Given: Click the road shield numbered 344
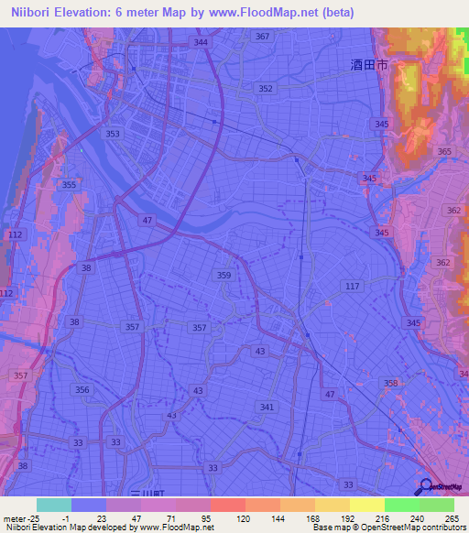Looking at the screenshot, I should (x=201, y=42).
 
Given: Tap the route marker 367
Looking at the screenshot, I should (x=263, y=36).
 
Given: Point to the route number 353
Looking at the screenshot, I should (x=113, y=134).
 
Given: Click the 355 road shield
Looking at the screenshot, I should (x=68, y=185).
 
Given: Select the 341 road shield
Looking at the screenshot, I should (x=267, y=407).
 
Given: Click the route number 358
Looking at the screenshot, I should (x=391, y=384).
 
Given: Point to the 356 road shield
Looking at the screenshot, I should (x=83, y=390).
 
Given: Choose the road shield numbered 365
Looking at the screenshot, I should (x=445, y=152).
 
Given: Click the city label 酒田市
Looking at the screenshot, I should (x=368, y=65).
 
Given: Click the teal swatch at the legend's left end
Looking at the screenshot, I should (x=54, y=505).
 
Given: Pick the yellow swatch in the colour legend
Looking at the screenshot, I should (x=367, y=505).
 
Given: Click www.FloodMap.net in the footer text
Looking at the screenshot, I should (x=178, y=528).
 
